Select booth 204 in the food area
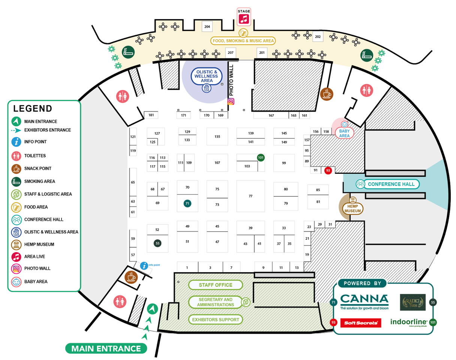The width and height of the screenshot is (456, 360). pos(207,27)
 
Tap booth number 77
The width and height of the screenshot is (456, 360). pos(250,196)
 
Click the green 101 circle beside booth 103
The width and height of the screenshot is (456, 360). pos(261,157)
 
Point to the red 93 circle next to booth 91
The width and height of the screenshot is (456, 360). pos(328,170)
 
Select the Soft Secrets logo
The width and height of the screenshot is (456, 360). pos(360,323)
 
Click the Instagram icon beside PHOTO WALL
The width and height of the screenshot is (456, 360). pos(231,101)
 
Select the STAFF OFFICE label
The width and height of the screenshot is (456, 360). pos(216,285)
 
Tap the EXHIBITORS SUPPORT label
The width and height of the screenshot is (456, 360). pos(216,320)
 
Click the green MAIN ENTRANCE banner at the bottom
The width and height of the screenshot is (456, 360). pos(106,348)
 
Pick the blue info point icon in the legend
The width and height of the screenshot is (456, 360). pos(16,142)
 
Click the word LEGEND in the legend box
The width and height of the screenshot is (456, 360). pos(33,109)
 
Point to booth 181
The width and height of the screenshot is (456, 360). pos(151,115)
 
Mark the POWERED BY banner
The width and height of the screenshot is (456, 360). pos(362,283)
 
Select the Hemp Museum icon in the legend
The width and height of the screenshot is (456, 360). pos(16,245)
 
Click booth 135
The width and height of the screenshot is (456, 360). pos(217,136)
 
